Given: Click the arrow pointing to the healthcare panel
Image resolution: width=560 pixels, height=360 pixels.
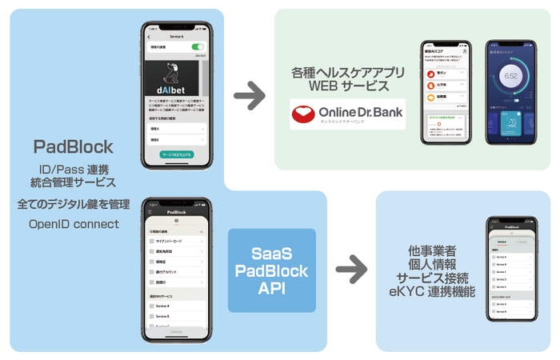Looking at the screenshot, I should click(x=250, y=97).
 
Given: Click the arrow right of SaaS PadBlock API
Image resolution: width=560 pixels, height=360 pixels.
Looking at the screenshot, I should click(x=351, y=270).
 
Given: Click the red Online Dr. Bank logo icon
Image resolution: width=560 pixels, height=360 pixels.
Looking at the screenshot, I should click(x=305, y=114).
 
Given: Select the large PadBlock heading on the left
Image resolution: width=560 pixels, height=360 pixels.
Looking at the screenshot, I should click(x=73, y=146).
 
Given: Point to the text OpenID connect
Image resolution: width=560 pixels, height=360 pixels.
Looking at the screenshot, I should click(x=73, y=223).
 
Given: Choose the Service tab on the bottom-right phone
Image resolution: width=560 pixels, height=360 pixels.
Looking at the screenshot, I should click(x=502, y=241).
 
